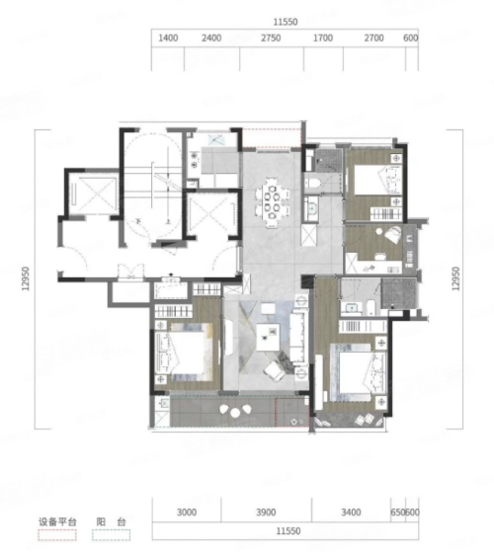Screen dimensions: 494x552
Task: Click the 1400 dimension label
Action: point(168,38)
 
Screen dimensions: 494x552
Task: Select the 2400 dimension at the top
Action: point(211,38)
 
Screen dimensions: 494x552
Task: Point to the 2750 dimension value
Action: point(271,38)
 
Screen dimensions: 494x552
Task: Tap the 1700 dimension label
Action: point(323,38)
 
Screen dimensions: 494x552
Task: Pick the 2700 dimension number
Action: point(373,38)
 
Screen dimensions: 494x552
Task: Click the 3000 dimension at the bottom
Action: point(187,512)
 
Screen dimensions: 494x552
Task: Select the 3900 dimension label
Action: point(266,512)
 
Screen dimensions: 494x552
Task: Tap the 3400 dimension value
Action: point(351,512)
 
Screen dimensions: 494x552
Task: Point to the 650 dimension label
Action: point(397,512)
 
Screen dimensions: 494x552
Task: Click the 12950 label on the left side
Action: point(26,278)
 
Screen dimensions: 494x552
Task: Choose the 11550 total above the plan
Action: point(286,22)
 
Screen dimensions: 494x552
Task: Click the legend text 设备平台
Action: point(57,521)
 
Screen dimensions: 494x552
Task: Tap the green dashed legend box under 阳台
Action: point(111,535)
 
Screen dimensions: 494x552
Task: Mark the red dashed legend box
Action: point(57,535)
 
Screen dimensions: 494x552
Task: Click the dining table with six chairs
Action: point(273,203)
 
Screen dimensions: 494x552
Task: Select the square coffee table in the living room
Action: point(268,337)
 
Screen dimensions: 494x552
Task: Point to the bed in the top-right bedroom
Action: point(377,180)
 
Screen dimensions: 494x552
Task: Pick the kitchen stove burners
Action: point(194,159)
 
